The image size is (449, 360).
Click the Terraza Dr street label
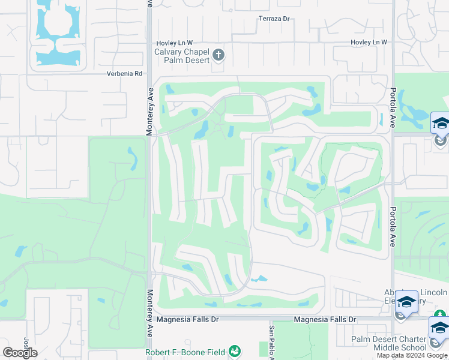click(274, 19)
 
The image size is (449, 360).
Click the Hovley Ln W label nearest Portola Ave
click(369, 43)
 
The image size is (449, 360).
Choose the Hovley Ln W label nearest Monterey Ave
click(175, 43)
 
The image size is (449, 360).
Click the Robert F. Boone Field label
click(187, 352)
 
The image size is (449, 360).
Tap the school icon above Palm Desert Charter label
click(439, 329)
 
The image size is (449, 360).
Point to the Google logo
click(20, 353)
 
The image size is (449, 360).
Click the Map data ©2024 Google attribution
click(412, 355)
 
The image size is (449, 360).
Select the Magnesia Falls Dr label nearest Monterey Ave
click(188, 320)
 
